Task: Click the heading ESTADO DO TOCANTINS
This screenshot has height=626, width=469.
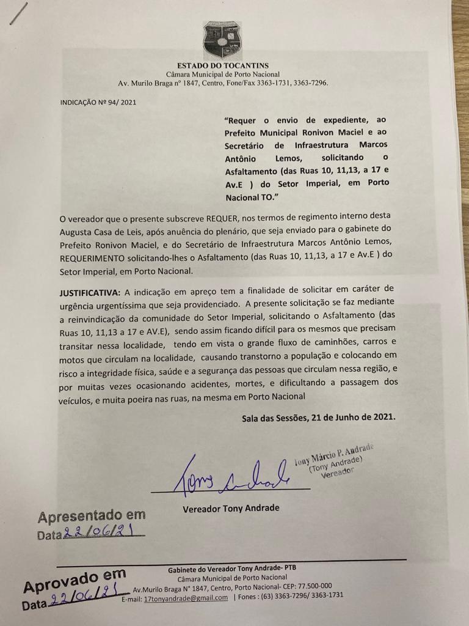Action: [x=223, y=65]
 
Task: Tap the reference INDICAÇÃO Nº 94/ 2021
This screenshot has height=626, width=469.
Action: [x=98, y=103]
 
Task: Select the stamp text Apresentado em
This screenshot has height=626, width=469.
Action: [x=92, y=517]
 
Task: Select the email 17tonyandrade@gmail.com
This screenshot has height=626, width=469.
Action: [x=186, y=598]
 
